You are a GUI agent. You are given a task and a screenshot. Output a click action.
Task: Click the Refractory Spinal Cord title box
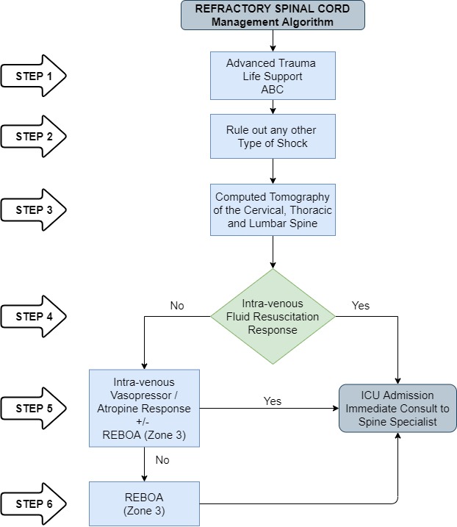[x=273, y=15]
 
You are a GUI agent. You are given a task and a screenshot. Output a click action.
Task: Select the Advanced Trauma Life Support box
[x=273, y=76]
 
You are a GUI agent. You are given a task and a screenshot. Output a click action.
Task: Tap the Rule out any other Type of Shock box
[x=273, y=136]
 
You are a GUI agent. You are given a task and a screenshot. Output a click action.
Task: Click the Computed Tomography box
[x=273, y=210]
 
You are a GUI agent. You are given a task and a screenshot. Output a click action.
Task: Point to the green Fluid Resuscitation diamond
[x=273, y=317]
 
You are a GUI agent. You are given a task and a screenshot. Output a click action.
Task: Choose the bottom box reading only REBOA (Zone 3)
[x=143, y=503]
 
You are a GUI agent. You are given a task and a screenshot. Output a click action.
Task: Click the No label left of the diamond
[x=177, y=305]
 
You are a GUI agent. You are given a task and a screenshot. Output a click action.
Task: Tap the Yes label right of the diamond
[x=361, y=305]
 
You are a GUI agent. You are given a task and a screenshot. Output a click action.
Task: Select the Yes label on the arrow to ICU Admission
[x=273, y=401]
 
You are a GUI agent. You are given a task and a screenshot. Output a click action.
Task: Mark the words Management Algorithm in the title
[x=273, y=21]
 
